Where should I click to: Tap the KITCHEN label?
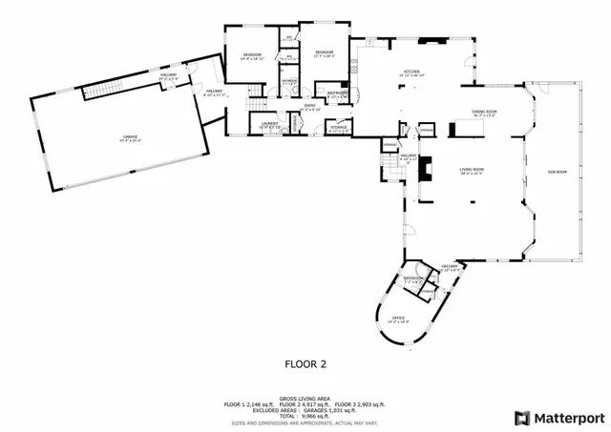pyautogui.click(x=412, y=72)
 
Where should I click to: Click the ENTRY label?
pyautogui.click(x=310, y=105)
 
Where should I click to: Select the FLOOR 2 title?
pyautogui.click(x=305, y=363)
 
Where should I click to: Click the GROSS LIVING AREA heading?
pyautogui.click(x=305, y=399)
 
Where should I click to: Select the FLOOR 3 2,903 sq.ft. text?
pyautogui.click(x=360, y=404)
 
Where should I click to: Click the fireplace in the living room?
pyautogui.click(x=429, y=163)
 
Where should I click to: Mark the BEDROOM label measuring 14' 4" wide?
pyautogui.click(x=252, y=55)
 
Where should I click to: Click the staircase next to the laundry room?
pyautogui.click(x=256, y=105)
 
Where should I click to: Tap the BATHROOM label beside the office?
pyautogui.click(x=413, y=278)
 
